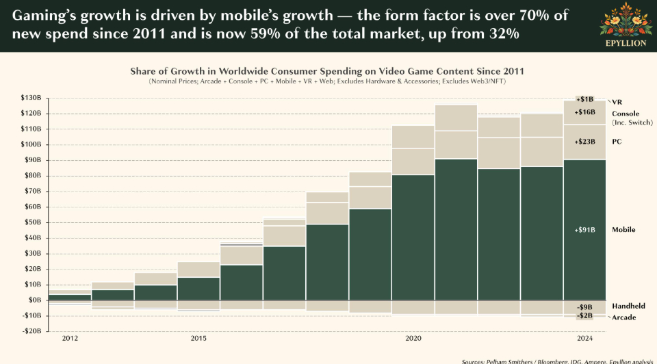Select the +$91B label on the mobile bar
(x=585, y=230)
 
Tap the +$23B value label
(x=585, y=142)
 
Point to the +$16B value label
(x=585, y=112)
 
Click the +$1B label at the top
(x=585, y=99)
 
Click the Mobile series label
(x=623, y=230)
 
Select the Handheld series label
(x=628, y=306)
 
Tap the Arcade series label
(x=623, y=317)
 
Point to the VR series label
(x=617, y=101)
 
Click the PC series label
(x=617, y=141)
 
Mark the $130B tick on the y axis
(x=31, y=98)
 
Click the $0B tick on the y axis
(x=34, y=300)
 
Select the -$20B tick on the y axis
(x=31, y=331)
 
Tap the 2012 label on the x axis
(x=70, y=339)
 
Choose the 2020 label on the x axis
(x=413, y=339)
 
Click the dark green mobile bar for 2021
(x=456, y=229)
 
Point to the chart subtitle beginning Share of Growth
(x=327, y=71)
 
